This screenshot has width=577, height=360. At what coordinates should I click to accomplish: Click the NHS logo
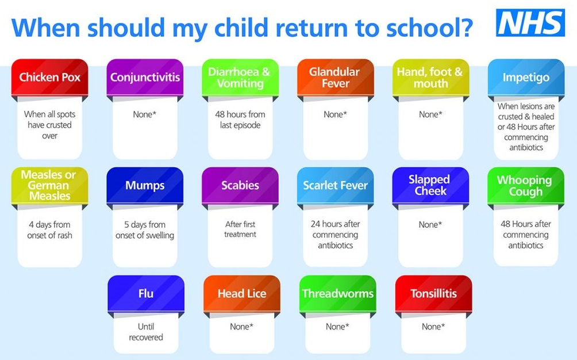pyautogui.click(x=530, y=23)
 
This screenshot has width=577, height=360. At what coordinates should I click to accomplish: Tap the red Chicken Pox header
pyautogui.click(x=49, y=77)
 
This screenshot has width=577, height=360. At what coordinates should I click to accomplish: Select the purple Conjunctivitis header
pyautogui.click(x=145, y=77)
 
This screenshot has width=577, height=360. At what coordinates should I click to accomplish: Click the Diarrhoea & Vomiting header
pyautogui.click(x=240, y=77)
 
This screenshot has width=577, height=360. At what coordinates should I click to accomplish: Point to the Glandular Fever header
pyautogui.click(x=336, y=77)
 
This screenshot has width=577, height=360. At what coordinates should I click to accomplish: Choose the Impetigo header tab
pyautogui.click(x=526, y=77)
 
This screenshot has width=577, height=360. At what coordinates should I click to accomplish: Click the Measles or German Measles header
pyautogui.click(x=49, y=186)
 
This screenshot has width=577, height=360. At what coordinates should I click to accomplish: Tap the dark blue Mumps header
pyautogui.click(x=145, y=186)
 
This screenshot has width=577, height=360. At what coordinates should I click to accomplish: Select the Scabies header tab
pyautogui.click(x=240, y=186)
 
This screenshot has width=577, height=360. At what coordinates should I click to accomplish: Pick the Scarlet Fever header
pyautogui.click(x=336, y=186)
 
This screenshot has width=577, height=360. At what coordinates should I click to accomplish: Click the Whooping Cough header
pyautogui.click(x=526, y=186)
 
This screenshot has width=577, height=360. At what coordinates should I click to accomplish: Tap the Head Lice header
pyautogui.click(x=242, y=294)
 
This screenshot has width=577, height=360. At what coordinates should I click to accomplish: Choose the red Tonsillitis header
pyautogui.click(x=433, y=294)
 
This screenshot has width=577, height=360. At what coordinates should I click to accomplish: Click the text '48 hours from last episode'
pyautogui.click(x=240, y=120)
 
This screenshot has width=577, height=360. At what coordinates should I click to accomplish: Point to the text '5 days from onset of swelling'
pyautogui.click(x=145, y=229)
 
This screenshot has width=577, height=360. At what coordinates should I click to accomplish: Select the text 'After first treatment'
pyautogui.click(x=240, y=229)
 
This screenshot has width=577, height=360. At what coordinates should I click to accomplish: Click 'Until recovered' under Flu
pyautogui.click(x=146, y=332)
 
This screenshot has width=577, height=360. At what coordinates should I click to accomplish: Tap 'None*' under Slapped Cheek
pyautogui.click(x=430, y=224)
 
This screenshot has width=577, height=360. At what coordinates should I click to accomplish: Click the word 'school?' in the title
pyautogui.click(x=429, y=28)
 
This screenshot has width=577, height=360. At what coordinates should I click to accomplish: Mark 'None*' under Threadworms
pyautogui.click(x=337, y=327)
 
